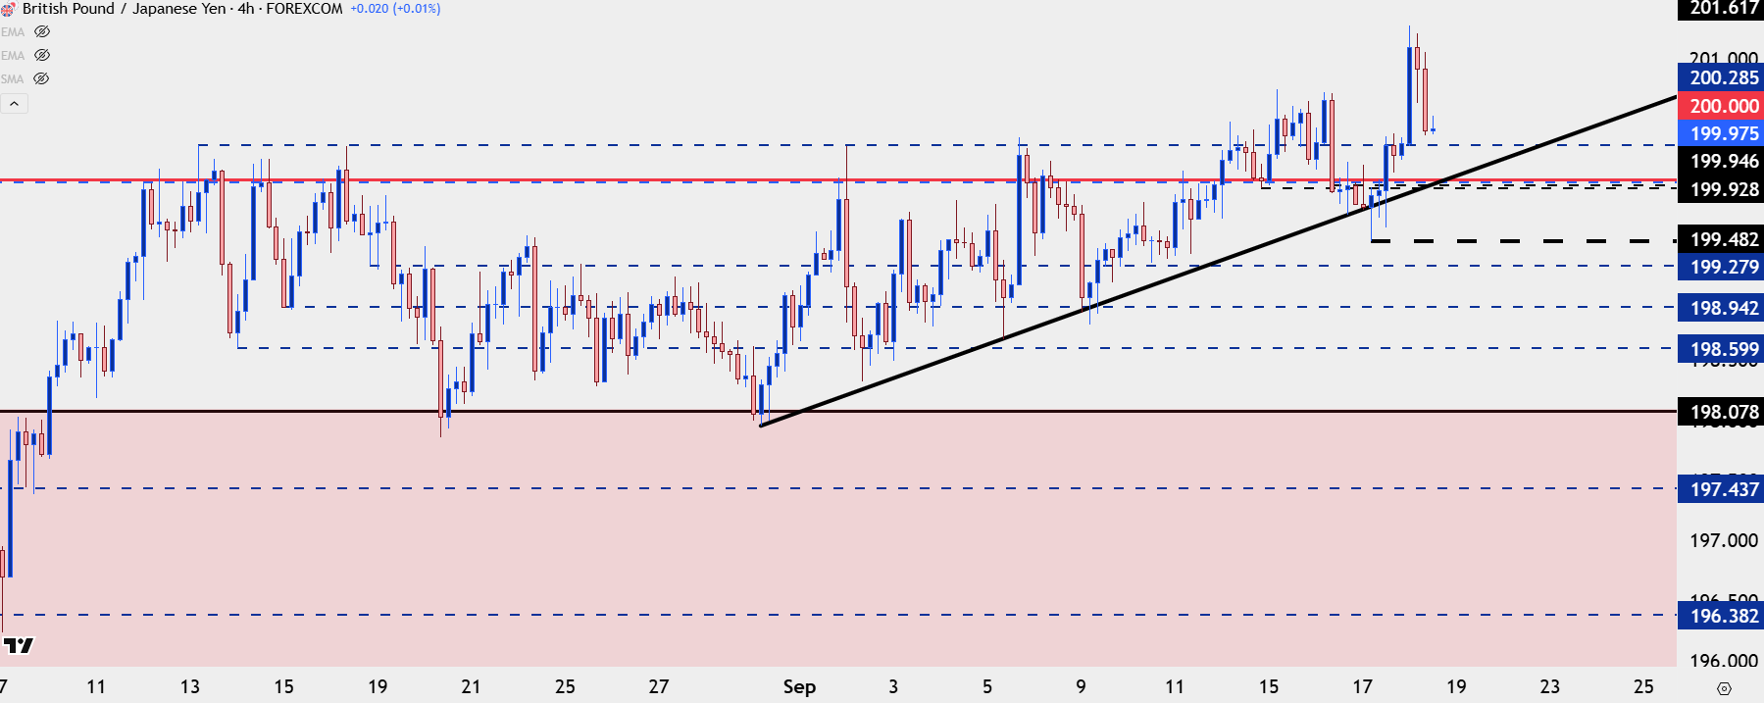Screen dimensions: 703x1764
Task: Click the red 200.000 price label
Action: coord(1723,106)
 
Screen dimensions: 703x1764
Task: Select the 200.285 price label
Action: coord(1723,77)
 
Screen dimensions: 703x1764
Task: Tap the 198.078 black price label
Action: coord(1723,412)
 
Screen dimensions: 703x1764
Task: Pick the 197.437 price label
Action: coord(1723,489)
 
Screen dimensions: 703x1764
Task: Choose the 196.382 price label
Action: coord(1723,616)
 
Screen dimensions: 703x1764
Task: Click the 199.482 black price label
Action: coord(1723,239)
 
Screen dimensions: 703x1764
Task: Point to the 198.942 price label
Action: coord(1723,308)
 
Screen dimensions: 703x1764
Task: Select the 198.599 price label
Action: coord(1723,349)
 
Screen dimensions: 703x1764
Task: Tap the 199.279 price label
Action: coord(1723,267)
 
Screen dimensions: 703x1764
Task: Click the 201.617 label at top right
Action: coord(1723,8)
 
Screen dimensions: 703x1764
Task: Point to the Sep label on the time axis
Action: coord(799,686)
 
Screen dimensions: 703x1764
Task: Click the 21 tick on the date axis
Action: coord(471,686)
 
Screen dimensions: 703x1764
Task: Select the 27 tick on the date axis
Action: coord(658,686)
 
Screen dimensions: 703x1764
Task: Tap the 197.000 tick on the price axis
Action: coord(1723,540)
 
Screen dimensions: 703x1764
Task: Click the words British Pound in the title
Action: coord(68,9)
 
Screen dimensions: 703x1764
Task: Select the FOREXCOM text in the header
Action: coord(304,9)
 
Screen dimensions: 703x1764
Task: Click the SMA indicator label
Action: coord(13,79)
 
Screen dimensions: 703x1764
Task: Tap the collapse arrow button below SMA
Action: coord(14,103)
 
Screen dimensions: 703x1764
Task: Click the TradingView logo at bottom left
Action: coord(18,645)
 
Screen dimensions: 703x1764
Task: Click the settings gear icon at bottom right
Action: coord(1725,688)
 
